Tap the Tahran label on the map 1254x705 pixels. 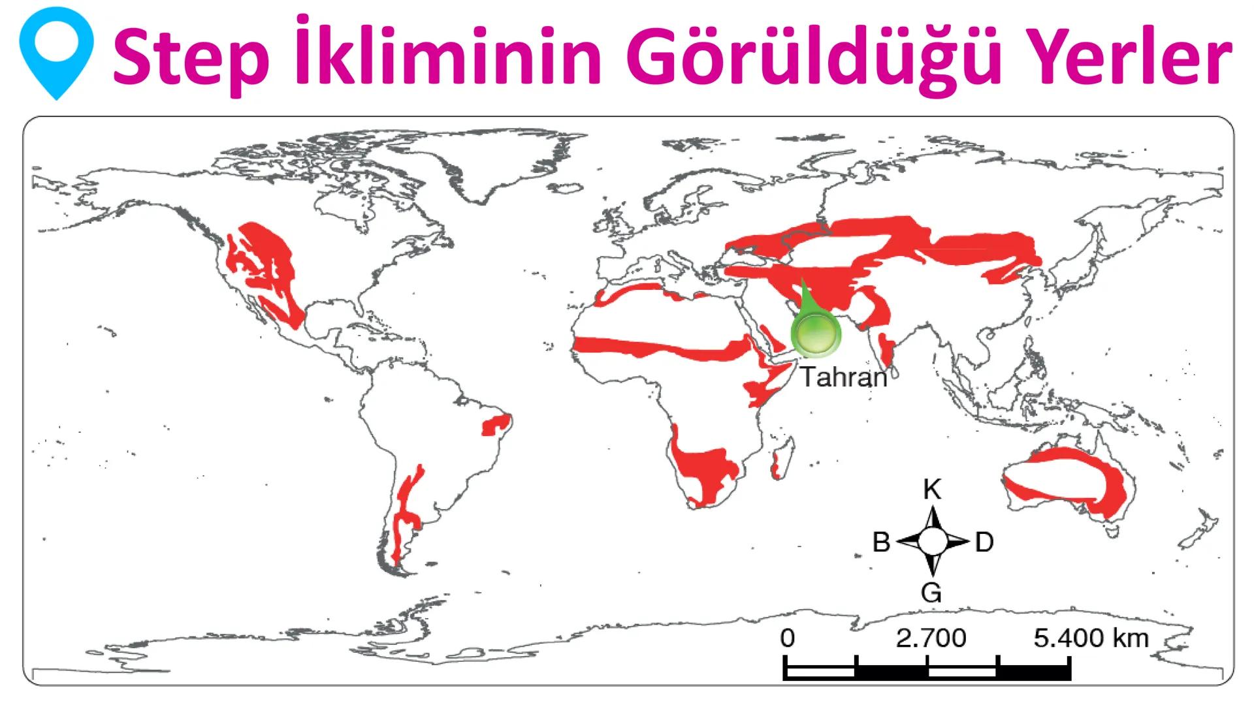[844, 377]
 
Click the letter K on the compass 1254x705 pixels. [932, 490]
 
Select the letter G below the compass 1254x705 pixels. [931, 593]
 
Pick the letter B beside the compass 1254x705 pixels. [882, 542]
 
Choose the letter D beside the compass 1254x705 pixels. [984, 542]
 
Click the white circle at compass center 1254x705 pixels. [933, 541]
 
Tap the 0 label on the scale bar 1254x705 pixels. [788, 638]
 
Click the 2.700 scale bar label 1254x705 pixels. [931, 638]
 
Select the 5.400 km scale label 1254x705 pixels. [1091, 638]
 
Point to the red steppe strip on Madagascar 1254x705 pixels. [775, 467]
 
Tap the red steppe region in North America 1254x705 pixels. [268, 268]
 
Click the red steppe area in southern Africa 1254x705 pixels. [705, 470]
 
